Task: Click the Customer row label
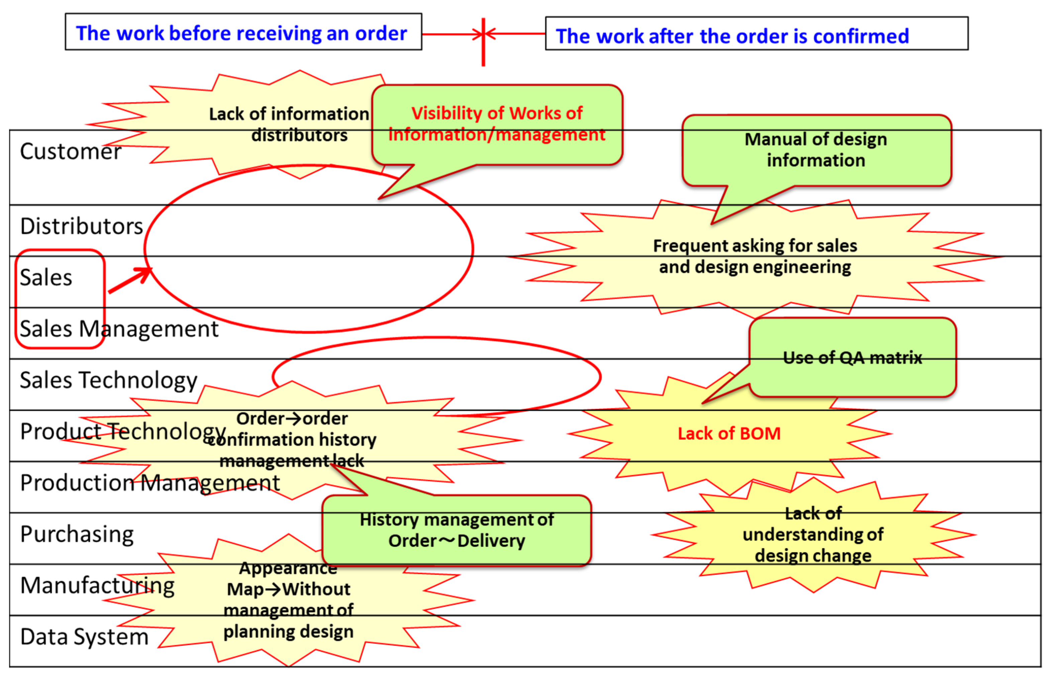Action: (x=70, y=152)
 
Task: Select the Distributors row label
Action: (x=81, y=226)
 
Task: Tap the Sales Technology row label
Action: (x=108, y=380)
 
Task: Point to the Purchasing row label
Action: (x=77, y=534)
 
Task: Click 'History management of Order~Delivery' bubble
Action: (x=457, y=530)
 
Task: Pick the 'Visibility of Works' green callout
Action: (x=497, y=124)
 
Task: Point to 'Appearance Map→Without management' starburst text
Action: (x=288, y=600)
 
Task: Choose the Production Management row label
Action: (x=150, y=483)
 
